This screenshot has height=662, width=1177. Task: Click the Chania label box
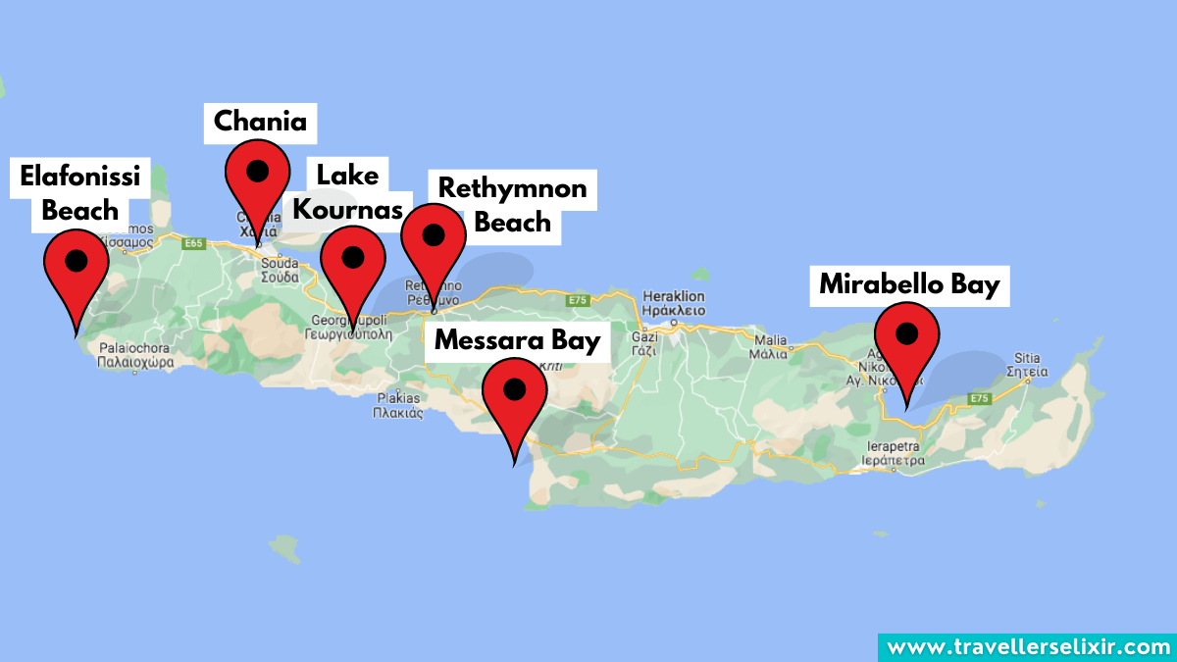coord(260,122)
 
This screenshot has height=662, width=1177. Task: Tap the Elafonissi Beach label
coord(80,193)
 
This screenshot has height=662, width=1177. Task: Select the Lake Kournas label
coord(347,192)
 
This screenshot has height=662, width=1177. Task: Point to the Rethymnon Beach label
coord(512,204)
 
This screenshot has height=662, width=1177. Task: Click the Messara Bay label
coord(516,340)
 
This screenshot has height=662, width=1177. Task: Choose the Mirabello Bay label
coord(909,284)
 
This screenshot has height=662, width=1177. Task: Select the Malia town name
coord(768,347)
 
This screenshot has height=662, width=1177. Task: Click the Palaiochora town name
coord(135,354)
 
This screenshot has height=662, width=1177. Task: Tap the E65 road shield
coord(193,243)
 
